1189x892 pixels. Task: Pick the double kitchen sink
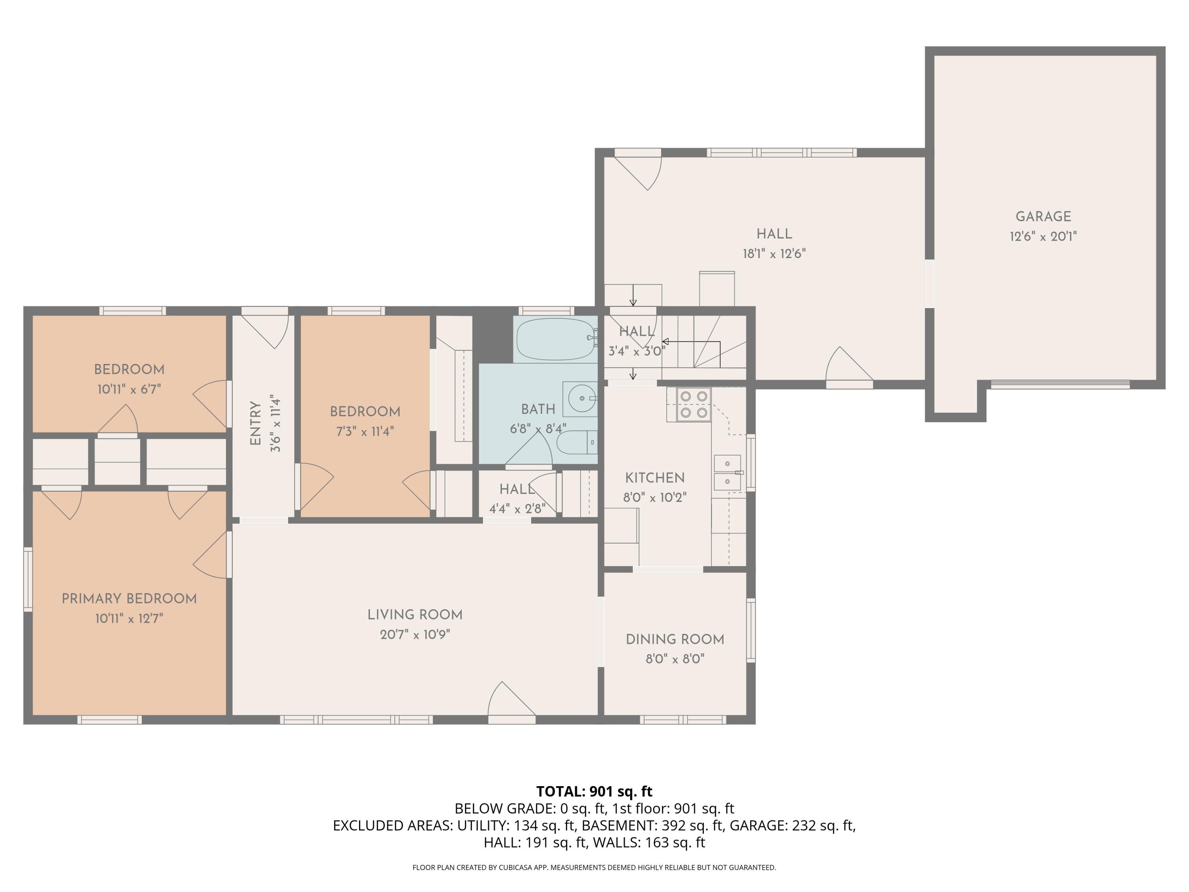(727, 473)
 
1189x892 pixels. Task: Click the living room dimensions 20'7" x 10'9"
(415, 634)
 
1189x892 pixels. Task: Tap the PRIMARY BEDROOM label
(129, 598)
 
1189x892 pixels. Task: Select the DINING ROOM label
(675, 639)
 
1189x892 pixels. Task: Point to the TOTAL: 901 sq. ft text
(594, 791)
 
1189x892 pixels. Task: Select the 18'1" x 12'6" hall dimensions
(774, 254)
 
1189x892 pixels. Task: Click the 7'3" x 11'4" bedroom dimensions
(365, 431)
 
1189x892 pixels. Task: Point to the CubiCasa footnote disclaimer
(594, 867)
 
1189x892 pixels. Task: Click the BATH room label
(537, 409)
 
